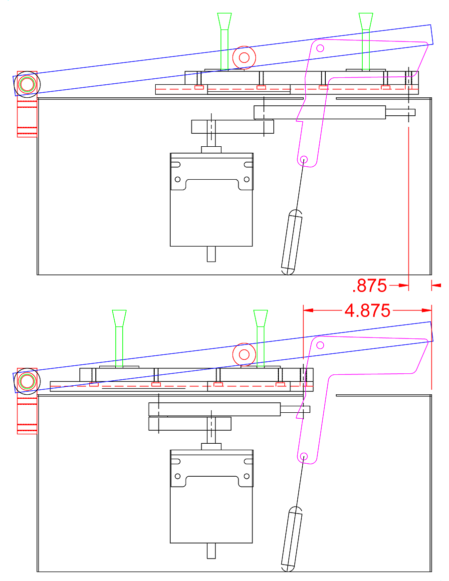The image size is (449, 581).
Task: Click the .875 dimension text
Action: point(369,286)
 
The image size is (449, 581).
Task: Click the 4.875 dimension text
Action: point(367,310)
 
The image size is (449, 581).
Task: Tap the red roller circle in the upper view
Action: point(244,57)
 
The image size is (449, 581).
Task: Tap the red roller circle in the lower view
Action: point(244,354)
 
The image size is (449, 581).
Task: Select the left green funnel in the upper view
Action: point(224,41)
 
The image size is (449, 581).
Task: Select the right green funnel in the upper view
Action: point(366,41)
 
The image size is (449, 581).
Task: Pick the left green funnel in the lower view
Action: point(119,339)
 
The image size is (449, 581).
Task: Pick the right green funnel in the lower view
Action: point(260,339)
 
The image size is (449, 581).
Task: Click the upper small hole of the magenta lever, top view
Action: point(320,48)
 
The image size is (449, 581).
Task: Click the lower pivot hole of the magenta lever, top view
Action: point(304,160)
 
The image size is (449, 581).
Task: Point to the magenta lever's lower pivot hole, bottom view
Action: point(304,456)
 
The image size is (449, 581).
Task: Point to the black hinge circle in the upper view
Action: point(27,84)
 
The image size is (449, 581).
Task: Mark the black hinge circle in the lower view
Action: point(27,381)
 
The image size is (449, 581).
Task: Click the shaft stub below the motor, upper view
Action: point(211,254)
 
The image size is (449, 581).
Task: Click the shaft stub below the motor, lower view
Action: point(211,551)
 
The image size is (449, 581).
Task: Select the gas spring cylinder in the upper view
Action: point(292,242)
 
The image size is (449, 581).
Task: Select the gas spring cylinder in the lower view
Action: point(292,539)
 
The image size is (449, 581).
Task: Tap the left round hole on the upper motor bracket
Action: point(178,179)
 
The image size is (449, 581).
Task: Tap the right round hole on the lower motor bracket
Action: point(247,476)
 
